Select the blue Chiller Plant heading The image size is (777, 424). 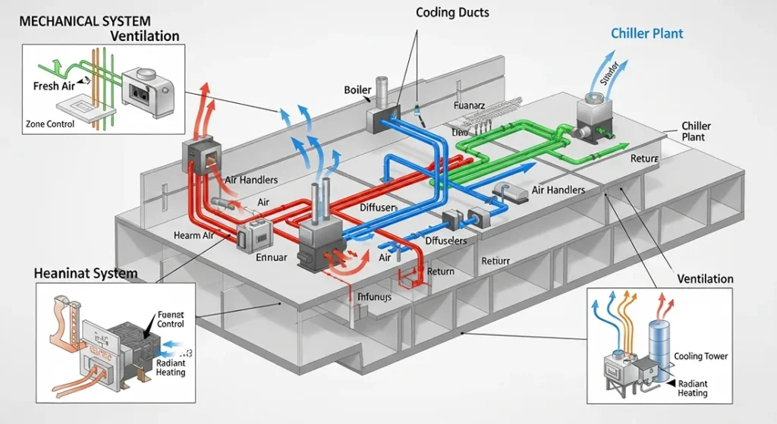pos(647,33)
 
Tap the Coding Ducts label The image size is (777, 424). pos(452,13)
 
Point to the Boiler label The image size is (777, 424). pos(357,90)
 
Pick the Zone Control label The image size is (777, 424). pos(49,124)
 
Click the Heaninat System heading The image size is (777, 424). pos(86,272)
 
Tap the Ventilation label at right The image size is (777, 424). pos(705,278)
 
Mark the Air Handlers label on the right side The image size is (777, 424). pos(558,190)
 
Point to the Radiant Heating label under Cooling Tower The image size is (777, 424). pos(692,388)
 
